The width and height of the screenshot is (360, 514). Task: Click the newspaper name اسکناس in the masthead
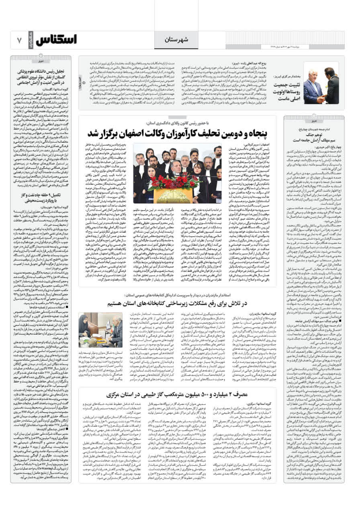(x=57, y=40)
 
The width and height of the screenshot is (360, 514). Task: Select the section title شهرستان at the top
(x=176, y=40)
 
